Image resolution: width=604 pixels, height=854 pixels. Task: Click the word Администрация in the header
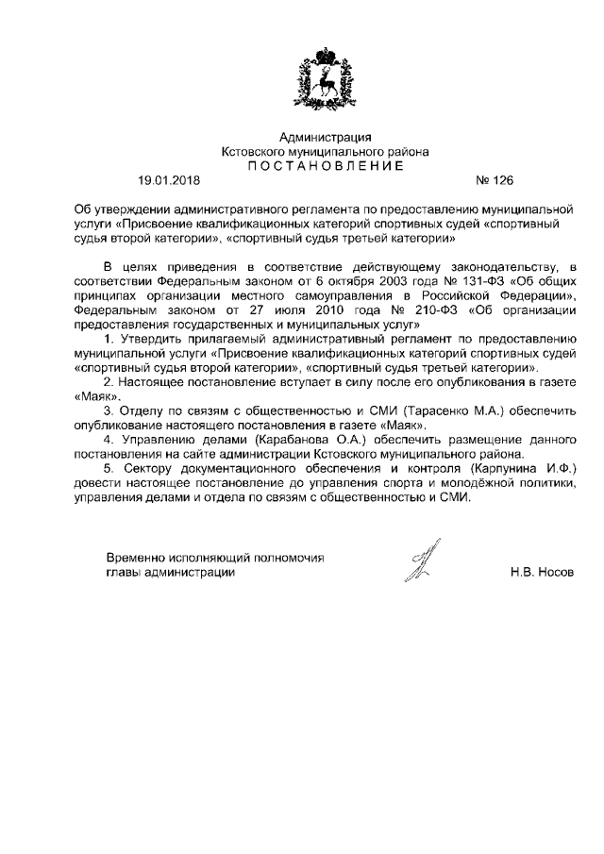pos(325,138)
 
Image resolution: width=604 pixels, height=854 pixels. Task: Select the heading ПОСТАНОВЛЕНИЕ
pos(325,165)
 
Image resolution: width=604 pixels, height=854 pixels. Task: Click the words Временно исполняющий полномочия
pos(215,558)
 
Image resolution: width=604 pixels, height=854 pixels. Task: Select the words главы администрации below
pos(170,573)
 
